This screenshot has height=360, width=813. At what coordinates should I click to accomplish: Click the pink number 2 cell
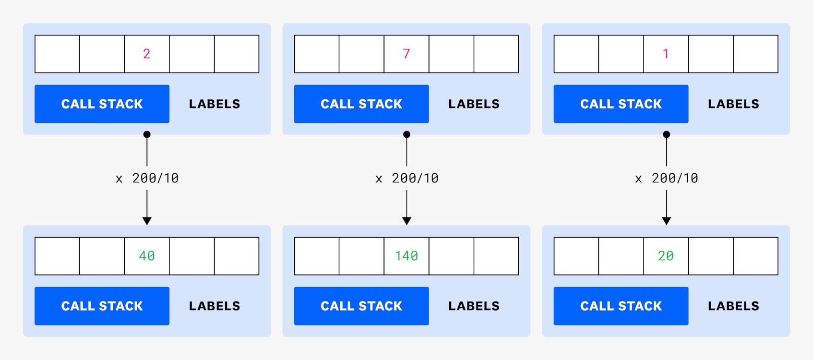click(147, 54)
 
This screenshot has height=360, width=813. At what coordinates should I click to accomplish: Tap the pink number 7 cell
click(406, 54)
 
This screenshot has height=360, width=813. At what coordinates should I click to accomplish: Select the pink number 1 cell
click(666, 54)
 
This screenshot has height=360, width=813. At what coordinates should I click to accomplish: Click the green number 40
click(147, 256)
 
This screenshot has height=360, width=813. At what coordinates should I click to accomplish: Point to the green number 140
click(406, 256)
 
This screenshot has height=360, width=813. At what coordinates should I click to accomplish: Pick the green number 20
click(666, 256)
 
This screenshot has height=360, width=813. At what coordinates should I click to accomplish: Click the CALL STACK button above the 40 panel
click(102, 104)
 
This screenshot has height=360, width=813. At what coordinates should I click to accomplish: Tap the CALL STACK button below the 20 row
click(621, 306)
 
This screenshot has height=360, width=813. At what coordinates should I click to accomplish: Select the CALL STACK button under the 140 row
click(361, 306)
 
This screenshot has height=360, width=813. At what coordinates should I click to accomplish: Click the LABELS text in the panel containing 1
click(733, 104)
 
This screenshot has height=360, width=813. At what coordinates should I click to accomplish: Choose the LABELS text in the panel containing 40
click(214, 306)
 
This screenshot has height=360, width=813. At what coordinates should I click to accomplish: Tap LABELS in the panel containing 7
click(474, 104)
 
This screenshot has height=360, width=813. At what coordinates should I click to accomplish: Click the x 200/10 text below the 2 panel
click(147, 178)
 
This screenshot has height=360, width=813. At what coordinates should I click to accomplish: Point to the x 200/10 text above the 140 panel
click(407, 178)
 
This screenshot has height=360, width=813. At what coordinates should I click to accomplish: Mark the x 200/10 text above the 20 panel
click(667, 178)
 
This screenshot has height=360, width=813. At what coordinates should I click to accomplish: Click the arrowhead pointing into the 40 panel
click(147, 221)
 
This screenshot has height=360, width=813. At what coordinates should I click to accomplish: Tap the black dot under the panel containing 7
click(406, 134)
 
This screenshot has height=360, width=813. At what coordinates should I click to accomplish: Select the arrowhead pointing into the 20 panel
click(666, 221)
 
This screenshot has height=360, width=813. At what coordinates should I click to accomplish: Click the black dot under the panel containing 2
click(147, 134)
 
